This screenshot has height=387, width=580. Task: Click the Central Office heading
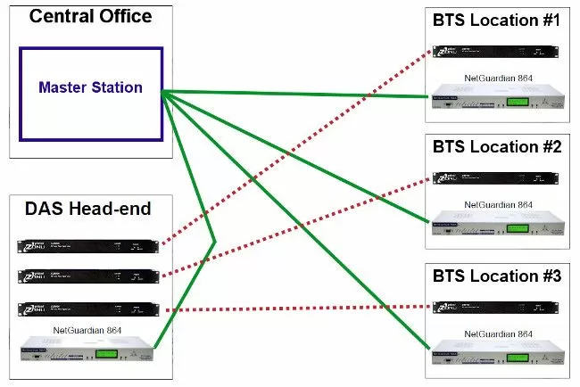(x=90, y=16)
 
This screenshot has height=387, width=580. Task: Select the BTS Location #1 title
(x=496, y=19)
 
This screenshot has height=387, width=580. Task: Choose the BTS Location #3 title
(x=496, y=276)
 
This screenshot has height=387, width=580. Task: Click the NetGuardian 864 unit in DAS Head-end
(x=86, y=350)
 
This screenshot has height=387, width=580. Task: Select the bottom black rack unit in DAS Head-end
(x=86, y=309)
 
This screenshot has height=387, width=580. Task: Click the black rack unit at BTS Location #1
(x=496, y=50)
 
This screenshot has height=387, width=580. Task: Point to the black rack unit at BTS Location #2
(x=496, y=178)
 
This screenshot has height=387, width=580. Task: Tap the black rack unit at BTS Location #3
(x=496, y=307)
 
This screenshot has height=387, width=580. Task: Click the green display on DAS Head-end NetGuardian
(x=107, y=353)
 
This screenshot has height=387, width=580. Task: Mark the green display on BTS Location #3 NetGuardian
(x=517, y=354)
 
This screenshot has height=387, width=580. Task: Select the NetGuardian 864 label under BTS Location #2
(x=495, y=204)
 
